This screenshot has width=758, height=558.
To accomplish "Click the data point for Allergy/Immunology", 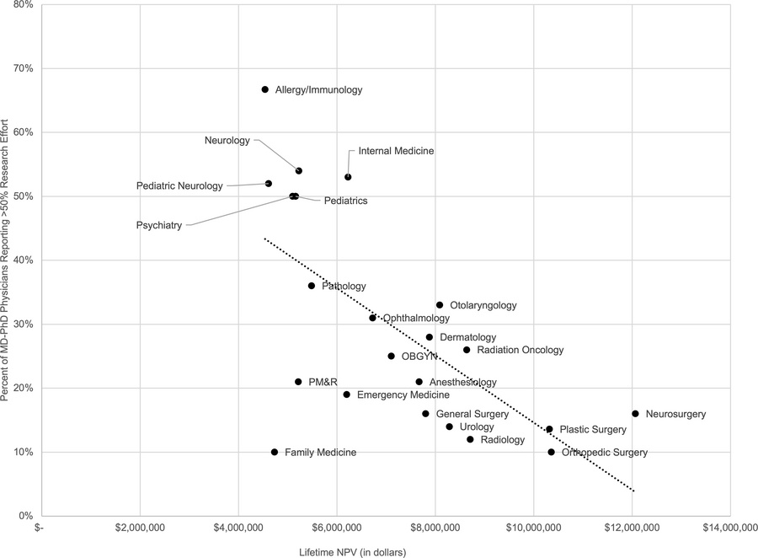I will tap(264, 89).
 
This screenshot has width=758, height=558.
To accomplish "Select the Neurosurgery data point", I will tap(635, 414).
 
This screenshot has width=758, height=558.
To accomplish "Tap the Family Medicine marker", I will tap(275, 452).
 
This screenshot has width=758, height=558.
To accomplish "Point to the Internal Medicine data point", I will tap(348, 177).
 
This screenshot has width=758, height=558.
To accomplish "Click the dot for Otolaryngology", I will tap(440, 305).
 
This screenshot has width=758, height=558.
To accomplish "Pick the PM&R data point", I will tap(298, 382).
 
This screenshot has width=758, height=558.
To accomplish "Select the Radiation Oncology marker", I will tap(467, 350).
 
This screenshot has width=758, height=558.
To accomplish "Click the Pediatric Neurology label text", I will tap(179, 185).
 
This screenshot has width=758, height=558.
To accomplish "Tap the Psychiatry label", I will tap(158, 226).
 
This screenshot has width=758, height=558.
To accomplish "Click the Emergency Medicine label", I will tap(403, 394).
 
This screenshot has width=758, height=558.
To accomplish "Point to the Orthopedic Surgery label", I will tap(604, 453).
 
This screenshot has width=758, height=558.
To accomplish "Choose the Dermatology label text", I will tap(467, 337).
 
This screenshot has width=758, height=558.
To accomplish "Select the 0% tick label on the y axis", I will tap(25, 516).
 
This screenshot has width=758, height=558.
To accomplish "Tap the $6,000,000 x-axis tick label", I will tap(337, 529).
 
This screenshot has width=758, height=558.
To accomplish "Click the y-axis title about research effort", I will tap(7, 261).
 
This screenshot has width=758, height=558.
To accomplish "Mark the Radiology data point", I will tap(470, 439).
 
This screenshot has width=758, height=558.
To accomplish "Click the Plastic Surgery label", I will tap(594, 430).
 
